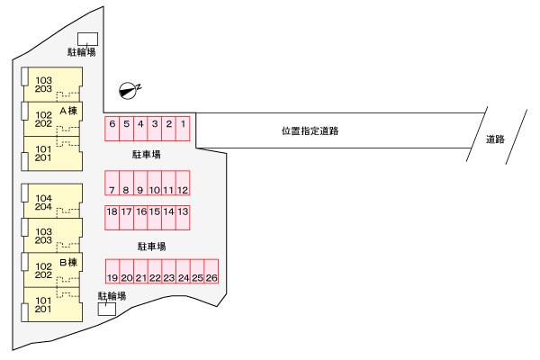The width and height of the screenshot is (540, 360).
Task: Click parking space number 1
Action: (183, 129)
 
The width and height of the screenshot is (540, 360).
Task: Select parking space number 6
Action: (112, 129)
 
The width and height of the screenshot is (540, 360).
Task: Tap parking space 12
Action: (183, 183)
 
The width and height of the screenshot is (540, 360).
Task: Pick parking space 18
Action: (112, 218)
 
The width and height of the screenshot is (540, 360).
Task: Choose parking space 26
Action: (211, 271)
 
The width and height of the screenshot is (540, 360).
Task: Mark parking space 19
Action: (112, 271)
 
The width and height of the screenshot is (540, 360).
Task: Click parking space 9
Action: (140, 183)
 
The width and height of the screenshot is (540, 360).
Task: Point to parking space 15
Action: (155, 218)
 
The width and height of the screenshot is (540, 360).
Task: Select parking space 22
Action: (155, 271)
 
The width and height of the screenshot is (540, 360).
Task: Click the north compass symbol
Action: (128, 91)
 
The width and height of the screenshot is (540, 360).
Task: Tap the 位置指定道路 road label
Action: (310, 130)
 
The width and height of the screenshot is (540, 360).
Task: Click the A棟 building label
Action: (68, 111)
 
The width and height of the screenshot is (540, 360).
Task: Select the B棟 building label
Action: (68, 263)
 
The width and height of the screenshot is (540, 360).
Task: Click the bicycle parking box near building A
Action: (87, 40)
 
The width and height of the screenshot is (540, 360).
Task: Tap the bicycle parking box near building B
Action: (107, 309)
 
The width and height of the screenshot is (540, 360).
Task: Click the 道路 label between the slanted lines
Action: (495, 139)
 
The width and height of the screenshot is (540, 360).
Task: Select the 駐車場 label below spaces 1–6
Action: (147, 154)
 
